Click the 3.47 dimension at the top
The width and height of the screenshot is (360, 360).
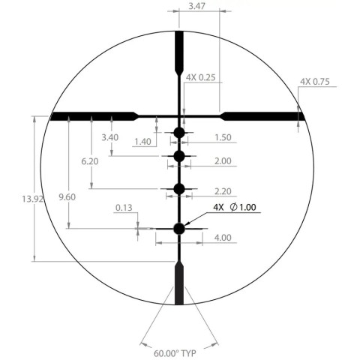[199, 5]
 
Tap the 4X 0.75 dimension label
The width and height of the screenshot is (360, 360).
[315, 82]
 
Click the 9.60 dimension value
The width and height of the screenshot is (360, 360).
[67, 198]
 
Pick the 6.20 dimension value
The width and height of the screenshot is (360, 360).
[90, 161]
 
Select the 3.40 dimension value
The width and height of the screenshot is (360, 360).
[109, 138]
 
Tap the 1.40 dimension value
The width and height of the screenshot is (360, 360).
[143, 142]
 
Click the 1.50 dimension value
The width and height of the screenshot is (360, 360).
[222, 137]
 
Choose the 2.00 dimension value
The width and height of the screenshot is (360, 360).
[222, 161]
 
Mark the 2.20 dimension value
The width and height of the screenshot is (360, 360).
[222, 191]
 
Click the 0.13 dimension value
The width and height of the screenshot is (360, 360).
[124, 208]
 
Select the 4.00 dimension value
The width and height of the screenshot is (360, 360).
[222, 238]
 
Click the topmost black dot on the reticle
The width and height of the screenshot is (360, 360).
[179, 133]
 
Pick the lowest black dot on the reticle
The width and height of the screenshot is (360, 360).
[179, 229]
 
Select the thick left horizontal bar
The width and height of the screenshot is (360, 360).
[90, 115]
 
